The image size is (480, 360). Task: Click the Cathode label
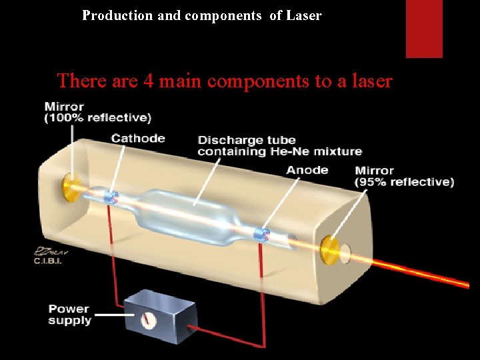(x=138, y=139)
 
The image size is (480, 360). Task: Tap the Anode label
(x=307, y=170)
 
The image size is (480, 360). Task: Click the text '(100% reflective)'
(x=98, y=119)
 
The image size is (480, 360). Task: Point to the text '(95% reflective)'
(x=405, y=182)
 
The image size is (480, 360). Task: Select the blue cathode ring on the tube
(x=112, y=196)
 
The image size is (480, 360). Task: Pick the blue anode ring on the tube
(x=262, y=234)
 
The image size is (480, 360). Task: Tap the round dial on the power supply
(x=149, y=320)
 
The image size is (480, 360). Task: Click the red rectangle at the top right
(x=424, y=29)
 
